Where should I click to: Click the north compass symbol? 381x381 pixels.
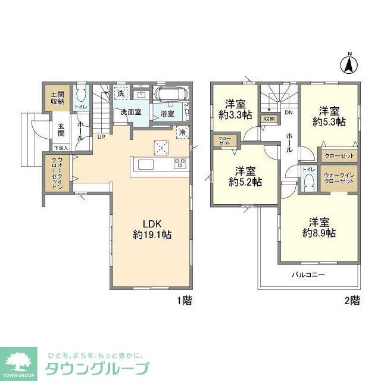350,64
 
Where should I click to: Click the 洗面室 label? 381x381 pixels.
131,111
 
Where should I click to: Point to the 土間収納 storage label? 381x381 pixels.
57,98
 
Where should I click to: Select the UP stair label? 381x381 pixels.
102,136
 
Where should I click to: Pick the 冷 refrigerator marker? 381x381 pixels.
182,132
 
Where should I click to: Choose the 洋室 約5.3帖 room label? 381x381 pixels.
329,115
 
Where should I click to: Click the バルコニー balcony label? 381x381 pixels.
308,275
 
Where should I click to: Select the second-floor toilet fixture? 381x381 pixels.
308,182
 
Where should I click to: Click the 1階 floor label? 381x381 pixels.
184,301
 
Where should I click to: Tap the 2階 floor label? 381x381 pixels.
352,301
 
